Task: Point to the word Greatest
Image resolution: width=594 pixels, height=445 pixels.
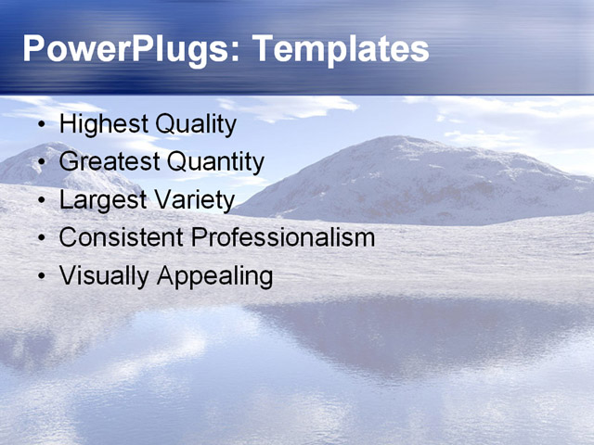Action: (109, 162)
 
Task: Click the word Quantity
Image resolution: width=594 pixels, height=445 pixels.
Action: (214, 162)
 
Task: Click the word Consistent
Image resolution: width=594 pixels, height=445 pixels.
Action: (121, 237)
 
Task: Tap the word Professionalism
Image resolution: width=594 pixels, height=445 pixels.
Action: (282, 237)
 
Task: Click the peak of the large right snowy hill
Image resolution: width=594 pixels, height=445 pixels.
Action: (394, 140)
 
